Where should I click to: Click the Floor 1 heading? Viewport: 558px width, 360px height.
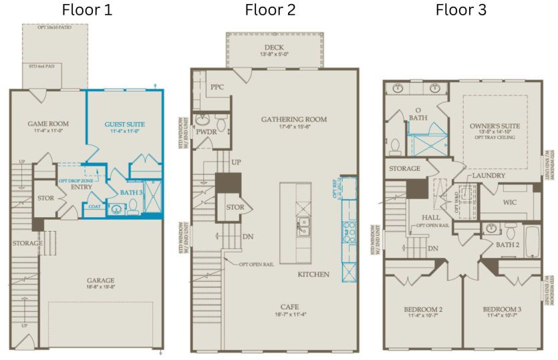pyautogui.click(x=87, y=10)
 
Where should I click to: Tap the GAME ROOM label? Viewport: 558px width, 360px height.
pyautogui.click(x=48, y=124)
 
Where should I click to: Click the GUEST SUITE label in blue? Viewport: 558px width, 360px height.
pyautogui.click(x=125, y=124)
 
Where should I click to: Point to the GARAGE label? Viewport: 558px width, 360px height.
pyautogui.click(x=100, y=281)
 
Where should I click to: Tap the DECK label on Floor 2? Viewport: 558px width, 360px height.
pyautogui.click(x=274, y=47)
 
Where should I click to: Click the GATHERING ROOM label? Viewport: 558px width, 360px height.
pyautogui.click(x=293, y=120)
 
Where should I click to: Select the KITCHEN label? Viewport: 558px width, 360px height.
pyautogui.click(x=313, y=275)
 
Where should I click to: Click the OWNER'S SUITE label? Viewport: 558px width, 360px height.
pyautogui.click(x=495, y=126)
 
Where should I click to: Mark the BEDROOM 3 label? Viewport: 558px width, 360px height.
pyautogui.click(x=502, y=309)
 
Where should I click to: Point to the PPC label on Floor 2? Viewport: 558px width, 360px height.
pyautogui.click(x=217, y=87)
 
